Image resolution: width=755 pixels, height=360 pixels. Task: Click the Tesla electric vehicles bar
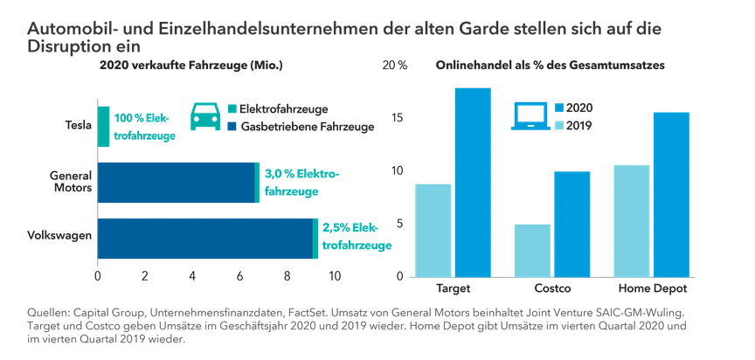point(103,127)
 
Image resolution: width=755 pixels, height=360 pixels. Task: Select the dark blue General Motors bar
point(175,182)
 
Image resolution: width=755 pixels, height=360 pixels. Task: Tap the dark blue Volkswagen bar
point(204,238)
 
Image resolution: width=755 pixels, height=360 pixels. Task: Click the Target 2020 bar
point(473,182)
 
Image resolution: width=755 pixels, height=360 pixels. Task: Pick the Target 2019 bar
point(433,230)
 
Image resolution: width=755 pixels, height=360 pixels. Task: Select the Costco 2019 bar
point(532,250)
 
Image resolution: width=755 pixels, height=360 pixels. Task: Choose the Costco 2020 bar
point(572,224)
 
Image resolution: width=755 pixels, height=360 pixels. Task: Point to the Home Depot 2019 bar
point(632,220)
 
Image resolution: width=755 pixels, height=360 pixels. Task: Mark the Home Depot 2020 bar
point(671,194)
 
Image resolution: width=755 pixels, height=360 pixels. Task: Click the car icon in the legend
point(204,117)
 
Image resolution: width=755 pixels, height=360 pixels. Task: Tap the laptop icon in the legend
point(529,116)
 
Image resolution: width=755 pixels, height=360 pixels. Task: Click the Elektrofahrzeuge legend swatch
point(232,109)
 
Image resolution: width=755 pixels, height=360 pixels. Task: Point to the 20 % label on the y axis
point(397,66)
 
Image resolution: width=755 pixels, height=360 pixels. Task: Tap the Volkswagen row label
point(59,235)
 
